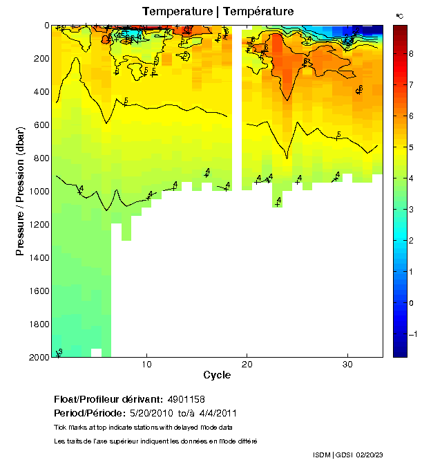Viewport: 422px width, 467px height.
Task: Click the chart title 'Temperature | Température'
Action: [218, 11]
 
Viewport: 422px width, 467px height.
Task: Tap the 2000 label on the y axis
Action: [38, 357]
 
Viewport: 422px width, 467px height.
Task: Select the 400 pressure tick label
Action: [41, 92]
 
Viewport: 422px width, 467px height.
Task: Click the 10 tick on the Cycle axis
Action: [146, 364]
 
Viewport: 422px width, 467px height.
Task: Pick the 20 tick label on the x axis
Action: [247, 364]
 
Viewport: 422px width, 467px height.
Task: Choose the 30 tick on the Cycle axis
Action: [348, 364]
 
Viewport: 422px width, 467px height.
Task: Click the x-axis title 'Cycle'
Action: [217, 376]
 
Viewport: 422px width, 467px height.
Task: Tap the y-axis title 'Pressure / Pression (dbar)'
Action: [20, 191]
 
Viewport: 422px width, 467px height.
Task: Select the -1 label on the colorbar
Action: [412, 334]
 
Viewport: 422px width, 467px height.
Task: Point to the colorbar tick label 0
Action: [410, 303]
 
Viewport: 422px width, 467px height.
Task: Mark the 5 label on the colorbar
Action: [410, 147]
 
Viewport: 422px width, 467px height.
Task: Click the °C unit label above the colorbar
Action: [399, 15]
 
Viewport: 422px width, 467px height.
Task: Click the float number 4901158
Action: [185, 399]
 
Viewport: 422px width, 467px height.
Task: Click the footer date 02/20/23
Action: [371, 455]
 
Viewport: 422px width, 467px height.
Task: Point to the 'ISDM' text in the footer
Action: [322, 455]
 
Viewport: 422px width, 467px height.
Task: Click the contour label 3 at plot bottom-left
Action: [59, 352]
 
